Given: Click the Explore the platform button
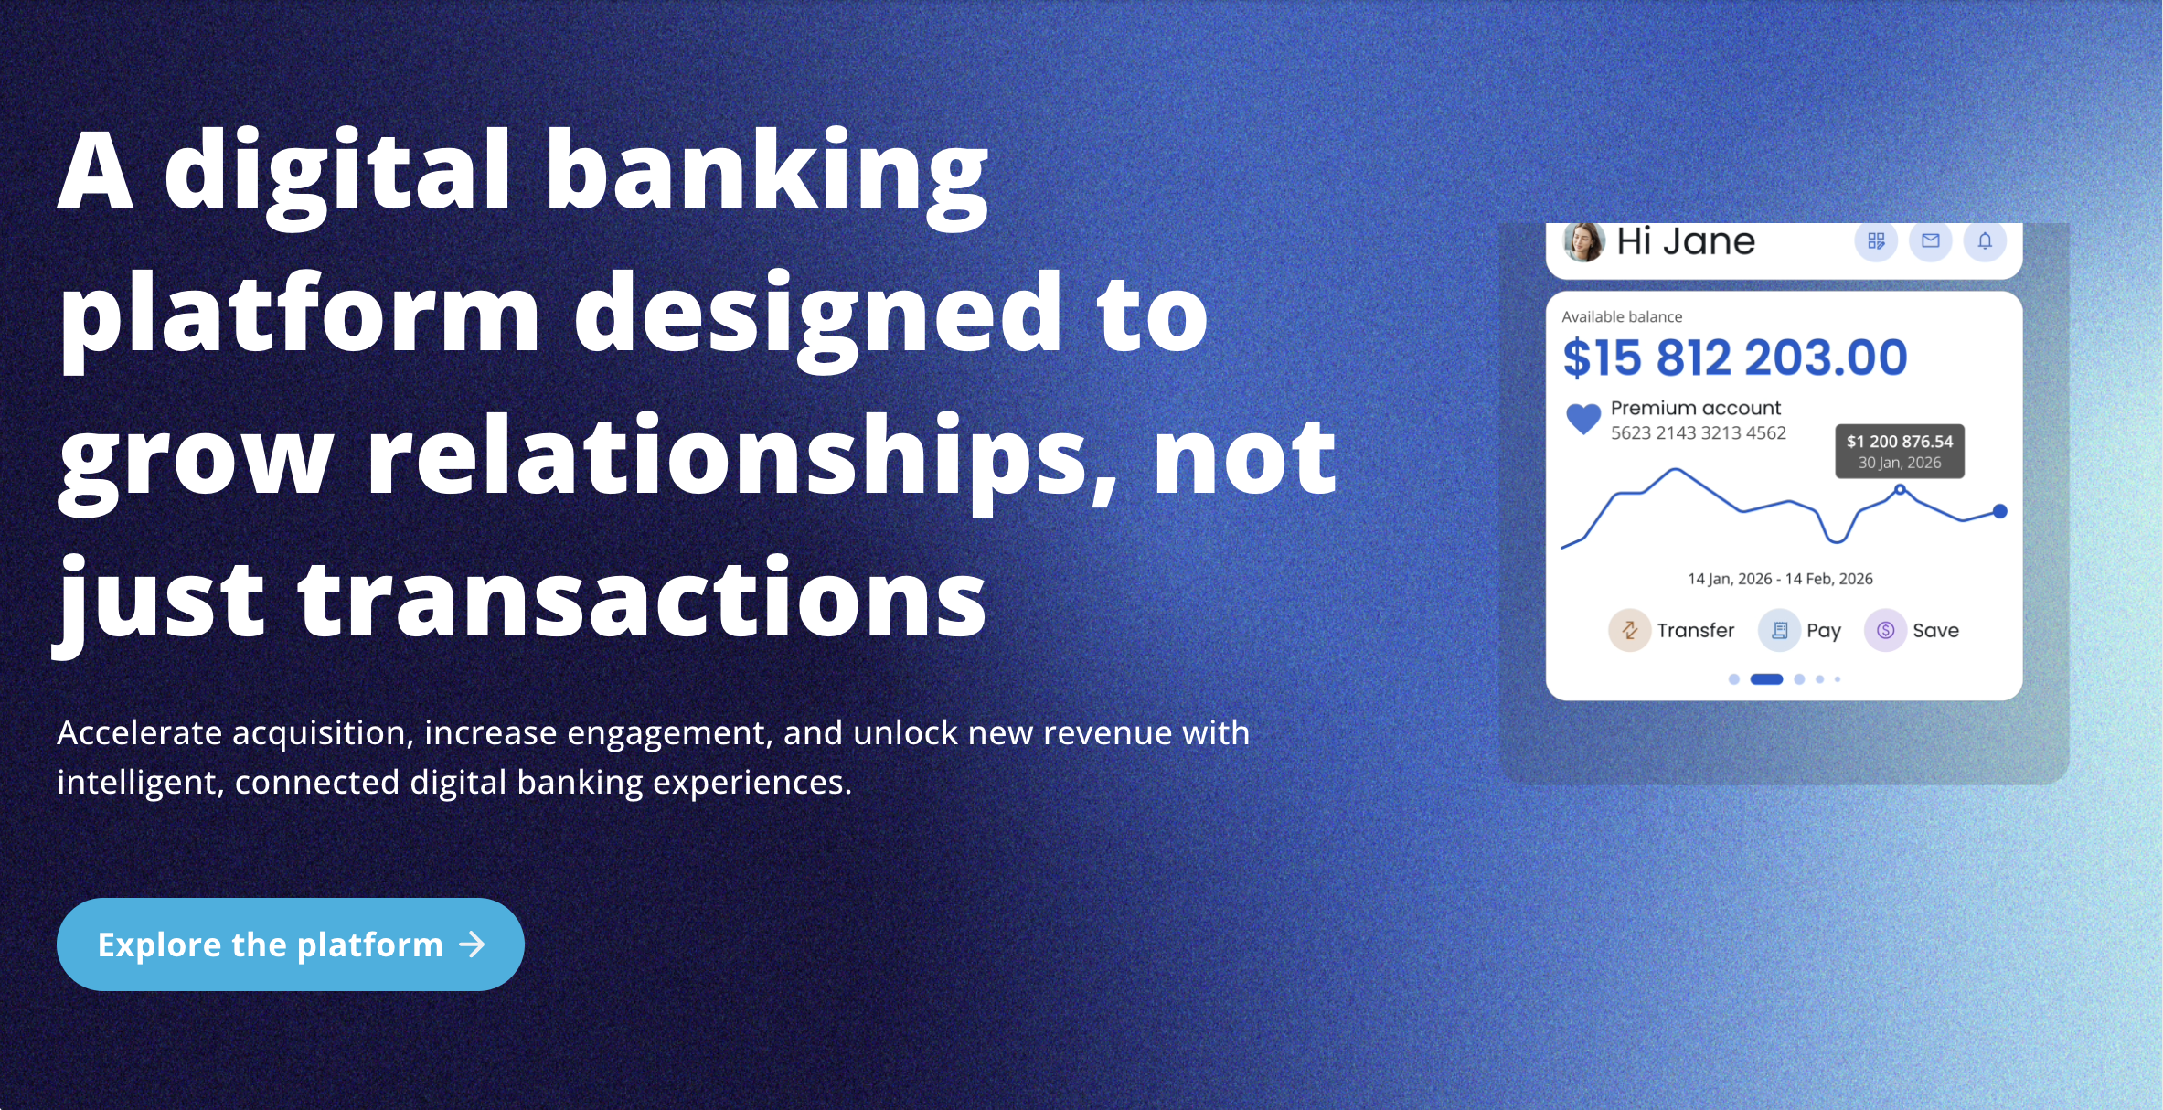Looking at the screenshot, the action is (290, 944).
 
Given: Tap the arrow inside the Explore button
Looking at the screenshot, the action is (472, 945).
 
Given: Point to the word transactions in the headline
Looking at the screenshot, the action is (642, 599).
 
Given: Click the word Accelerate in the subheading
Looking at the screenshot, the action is (139, 732).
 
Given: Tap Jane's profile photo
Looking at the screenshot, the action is (1583, 241).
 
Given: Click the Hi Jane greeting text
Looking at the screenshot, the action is (1686, 241).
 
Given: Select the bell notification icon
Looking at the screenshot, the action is (1985, 240).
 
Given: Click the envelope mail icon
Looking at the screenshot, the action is (1931, 240).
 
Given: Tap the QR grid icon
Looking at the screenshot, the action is (1876, 240).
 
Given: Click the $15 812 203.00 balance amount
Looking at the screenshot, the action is (1735, 358).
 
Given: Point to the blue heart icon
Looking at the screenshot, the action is (1583, 419).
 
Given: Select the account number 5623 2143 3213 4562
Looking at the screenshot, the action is (1698, 433).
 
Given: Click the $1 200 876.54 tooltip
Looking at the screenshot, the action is (1900, 451).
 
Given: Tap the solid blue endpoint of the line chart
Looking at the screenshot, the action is (2000, 511).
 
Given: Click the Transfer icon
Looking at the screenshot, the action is (1629, 630).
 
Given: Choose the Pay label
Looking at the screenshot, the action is (1824, 631).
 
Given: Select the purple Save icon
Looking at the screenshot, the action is (1885, 630).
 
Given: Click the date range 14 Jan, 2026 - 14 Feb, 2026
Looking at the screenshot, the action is (1780, 579).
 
